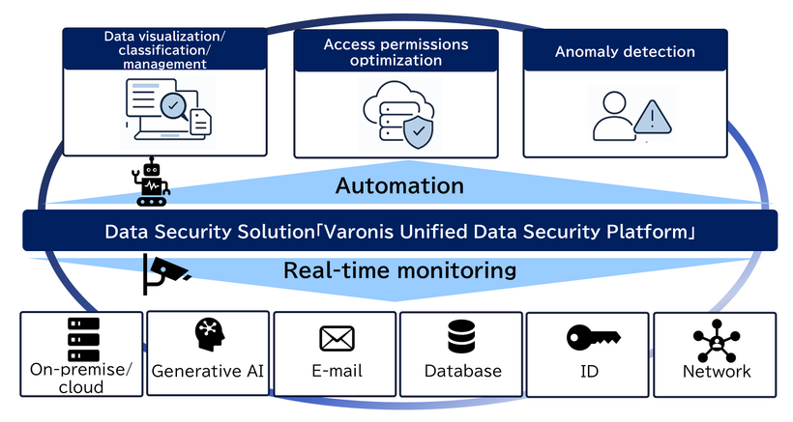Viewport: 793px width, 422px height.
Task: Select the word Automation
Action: click(399, 184)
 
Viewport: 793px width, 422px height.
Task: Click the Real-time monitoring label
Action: click(399, 270)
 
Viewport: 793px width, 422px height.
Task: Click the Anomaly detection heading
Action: click(625, 51)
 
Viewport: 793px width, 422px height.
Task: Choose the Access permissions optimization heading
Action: click(396, 52)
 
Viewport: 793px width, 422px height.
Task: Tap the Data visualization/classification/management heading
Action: click(164, 49)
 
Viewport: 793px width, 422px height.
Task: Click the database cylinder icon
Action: click(463, 337)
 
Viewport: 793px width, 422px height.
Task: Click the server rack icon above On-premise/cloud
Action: click(83, 338)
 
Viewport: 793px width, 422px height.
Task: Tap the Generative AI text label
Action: click(208, 372)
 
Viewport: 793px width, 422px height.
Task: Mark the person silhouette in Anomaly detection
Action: click(613, 116)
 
